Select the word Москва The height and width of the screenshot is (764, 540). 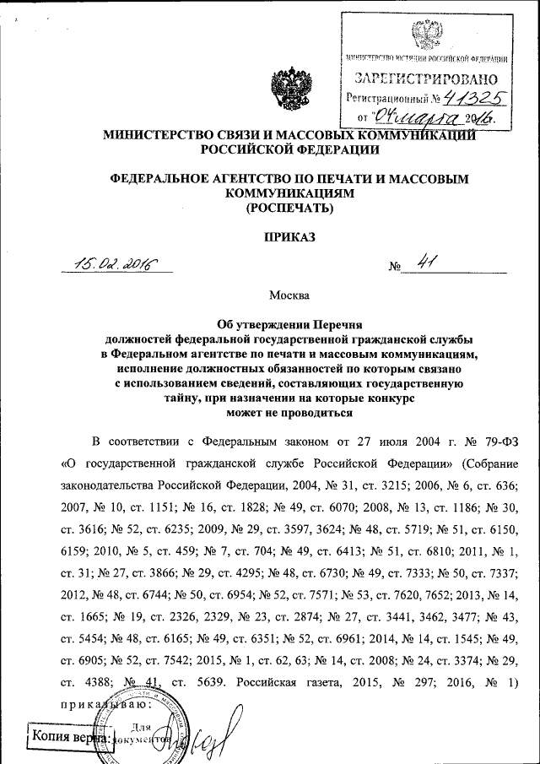pos(289,295)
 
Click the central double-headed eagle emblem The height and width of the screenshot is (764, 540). pos(290,92)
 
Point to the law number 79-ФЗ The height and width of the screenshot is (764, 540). pos(489,441)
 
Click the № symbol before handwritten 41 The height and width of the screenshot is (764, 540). pos(394,268)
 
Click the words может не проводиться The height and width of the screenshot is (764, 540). pos(289,412)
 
